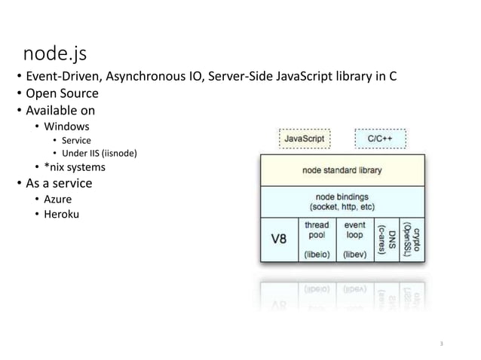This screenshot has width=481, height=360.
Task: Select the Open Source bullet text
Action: pyautogui.click(x=62, y=94)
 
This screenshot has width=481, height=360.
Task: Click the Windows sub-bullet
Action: pyautogui.click(x=66, y=126)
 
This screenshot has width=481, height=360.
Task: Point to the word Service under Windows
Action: pyautogui.click(x=76, y=140)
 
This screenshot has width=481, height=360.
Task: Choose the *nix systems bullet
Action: pyautogui.click(x=75, y=167)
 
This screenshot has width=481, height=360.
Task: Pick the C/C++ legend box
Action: pyautogui.click(x=380, y=139)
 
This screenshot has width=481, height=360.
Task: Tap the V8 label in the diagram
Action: pyautogui.click(x=278, y=239)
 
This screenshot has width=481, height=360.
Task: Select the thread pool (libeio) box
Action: pyautogui.click(x=316, y=239)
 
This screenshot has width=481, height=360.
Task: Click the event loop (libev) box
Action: pyautogui.click(x=354, y=239)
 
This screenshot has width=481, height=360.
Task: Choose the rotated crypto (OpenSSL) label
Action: pyautogui.click(x=411, y=239)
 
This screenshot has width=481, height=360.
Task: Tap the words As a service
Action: pyautogui.click(x=59, y=184)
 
